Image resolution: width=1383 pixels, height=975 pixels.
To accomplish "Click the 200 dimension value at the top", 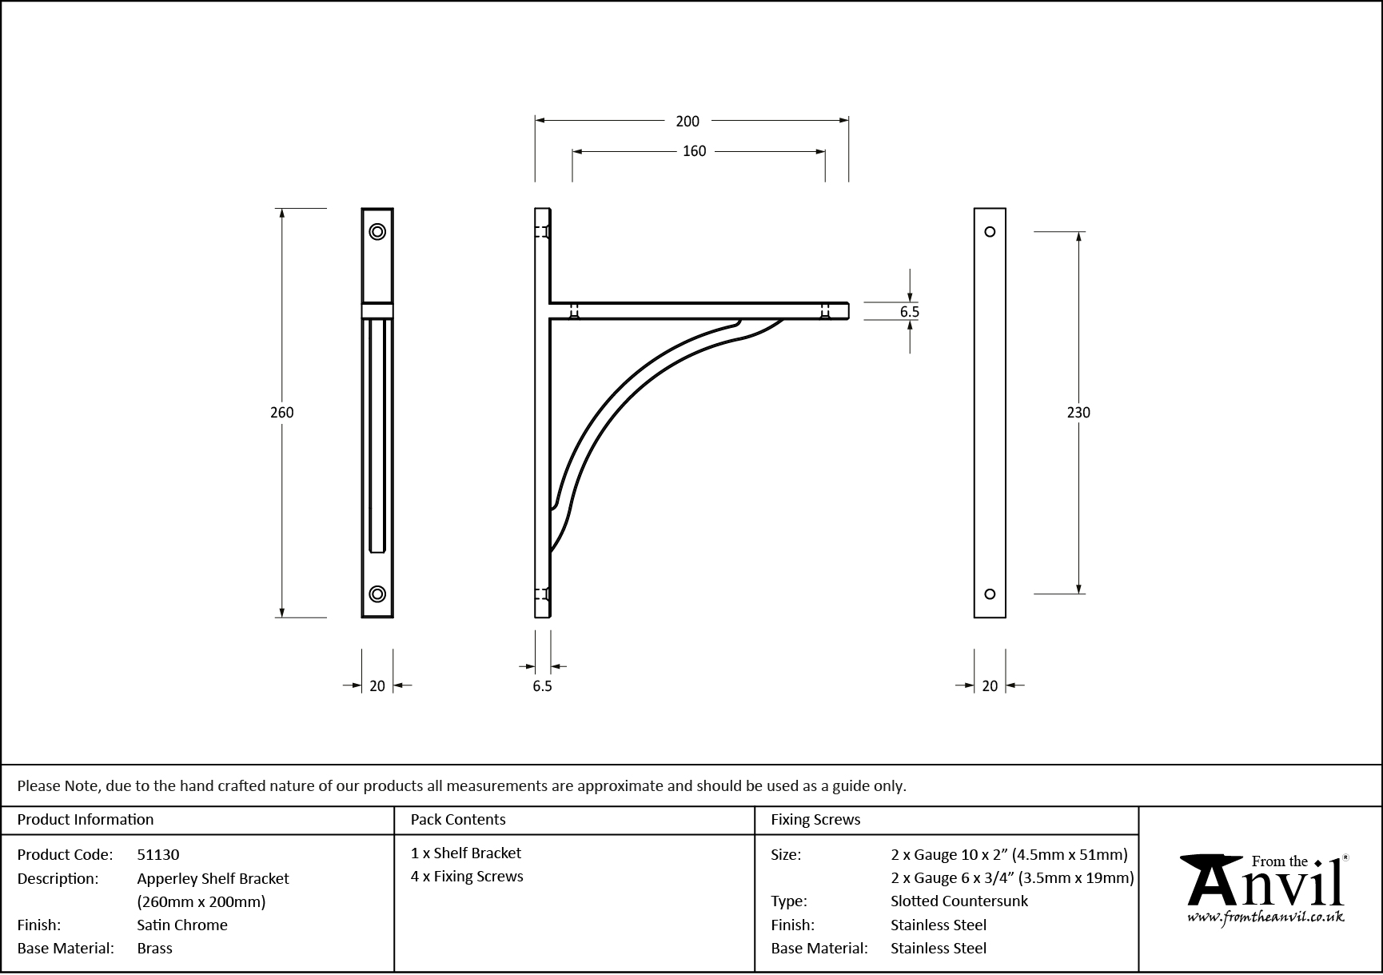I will click(687, 122).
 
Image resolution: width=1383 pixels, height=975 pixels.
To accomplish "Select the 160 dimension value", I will click(694, 151).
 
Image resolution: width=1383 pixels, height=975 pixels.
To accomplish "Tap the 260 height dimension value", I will click(282, 413).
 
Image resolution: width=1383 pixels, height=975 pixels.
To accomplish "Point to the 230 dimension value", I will click(1078, 413).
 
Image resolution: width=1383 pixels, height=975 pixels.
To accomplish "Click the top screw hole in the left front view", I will click(377, 232).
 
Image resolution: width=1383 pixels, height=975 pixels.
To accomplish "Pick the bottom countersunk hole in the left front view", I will click(377, 593).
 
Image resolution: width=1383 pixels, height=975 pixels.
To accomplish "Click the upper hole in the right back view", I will click(990, 232).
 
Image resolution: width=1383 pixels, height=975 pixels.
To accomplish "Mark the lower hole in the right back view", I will click(990, 593).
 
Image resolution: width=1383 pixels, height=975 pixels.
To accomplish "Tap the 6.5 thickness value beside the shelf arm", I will click(909, 312).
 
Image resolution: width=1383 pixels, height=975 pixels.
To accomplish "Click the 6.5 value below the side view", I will click(542, 686).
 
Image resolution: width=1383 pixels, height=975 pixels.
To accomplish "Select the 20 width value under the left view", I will click(377, 685).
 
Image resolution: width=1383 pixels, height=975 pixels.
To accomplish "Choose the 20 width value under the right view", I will click(990, 685).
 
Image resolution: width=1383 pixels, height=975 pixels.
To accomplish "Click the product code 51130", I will click(158, 855).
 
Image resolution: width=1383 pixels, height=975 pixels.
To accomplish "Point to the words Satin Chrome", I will click(182, 925).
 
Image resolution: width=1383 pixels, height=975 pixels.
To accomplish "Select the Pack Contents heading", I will click(458, 820).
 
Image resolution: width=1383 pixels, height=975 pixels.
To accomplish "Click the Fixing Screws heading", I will click(815, 820).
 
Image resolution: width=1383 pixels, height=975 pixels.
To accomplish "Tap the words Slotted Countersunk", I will click(959, 901).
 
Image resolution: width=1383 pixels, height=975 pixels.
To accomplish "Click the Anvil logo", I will click(1265, 889).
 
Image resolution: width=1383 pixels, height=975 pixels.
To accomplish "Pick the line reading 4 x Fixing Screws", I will click(467, 877).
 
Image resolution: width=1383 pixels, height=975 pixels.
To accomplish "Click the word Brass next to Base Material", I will click(155, 949).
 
